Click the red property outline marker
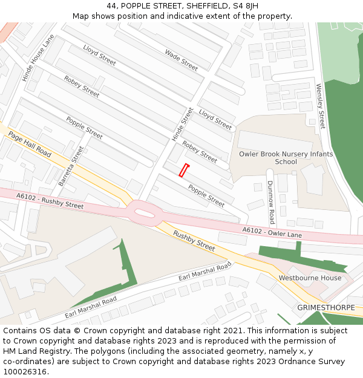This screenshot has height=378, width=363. coord(183,171)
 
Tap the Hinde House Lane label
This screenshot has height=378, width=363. coord(38,58)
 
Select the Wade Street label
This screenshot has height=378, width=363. coord(181,60)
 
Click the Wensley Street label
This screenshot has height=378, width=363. coord(321,106)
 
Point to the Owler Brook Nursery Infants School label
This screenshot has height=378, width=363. coord(286,158)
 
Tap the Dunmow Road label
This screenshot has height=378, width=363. coord(271,202)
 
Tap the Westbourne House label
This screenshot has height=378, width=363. coord(310,278)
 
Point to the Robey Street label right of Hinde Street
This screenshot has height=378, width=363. coord(200,152)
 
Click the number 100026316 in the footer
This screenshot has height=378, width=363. coord(25,371)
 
